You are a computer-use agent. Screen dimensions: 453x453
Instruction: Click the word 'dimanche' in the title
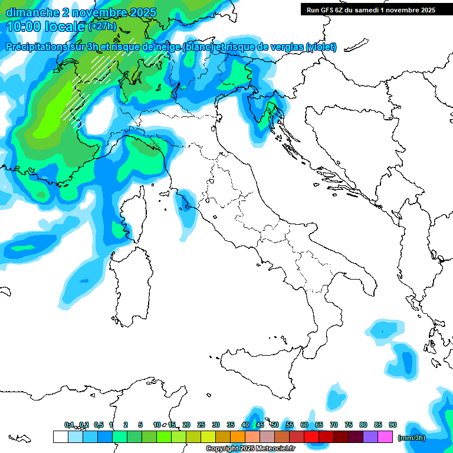click(32, 12)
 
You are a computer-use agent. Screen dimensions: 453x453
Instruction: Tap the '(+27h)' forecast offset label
click(102, 27)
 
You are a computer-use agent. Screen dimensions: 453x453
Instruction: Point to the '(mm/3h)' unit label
click(412, 437)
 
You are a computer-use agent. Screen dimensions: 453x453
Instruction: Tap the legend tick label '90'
click(393, 425)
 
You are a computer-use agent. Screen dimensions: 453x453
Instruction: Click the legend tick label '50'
click(275, 425)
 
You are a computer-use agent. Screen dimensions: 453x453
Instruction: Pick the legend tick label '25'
click(201, 425)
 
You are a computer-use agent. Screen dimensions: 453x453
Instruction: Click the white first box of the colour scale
click(60, 436)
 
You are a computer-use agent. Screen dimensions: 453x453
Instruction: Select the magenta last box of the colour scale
click(385, 436)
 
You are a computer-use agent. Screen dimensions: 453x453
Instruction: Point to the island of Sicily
click(254, 369)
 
